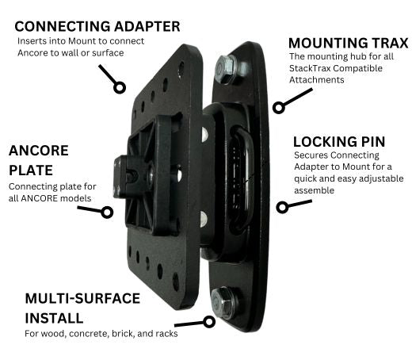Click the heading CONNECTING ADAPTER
tap(97, 26)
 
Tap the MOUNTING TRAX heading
tap(349, 43)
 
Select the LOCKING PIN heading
tap(339, 142)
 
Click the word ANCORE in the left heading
tap(39, 151)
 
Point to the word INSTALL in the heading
tap(54, 318)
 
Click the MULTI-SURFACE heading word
tap(82, 298)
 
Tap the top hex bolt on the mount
tap(225, 69)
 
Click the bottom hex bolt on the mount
tap(223, 303)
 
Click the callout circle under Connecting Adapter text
tap(120, 87)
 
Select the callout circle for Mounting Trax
tap(279, 108)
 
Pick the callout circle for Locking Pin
tap(282, 207)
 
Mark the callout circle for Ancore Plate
tap(107, 213)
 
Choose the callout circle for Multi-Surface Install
tap(209, 322)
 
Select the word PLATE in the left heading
tap(31, 170)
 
